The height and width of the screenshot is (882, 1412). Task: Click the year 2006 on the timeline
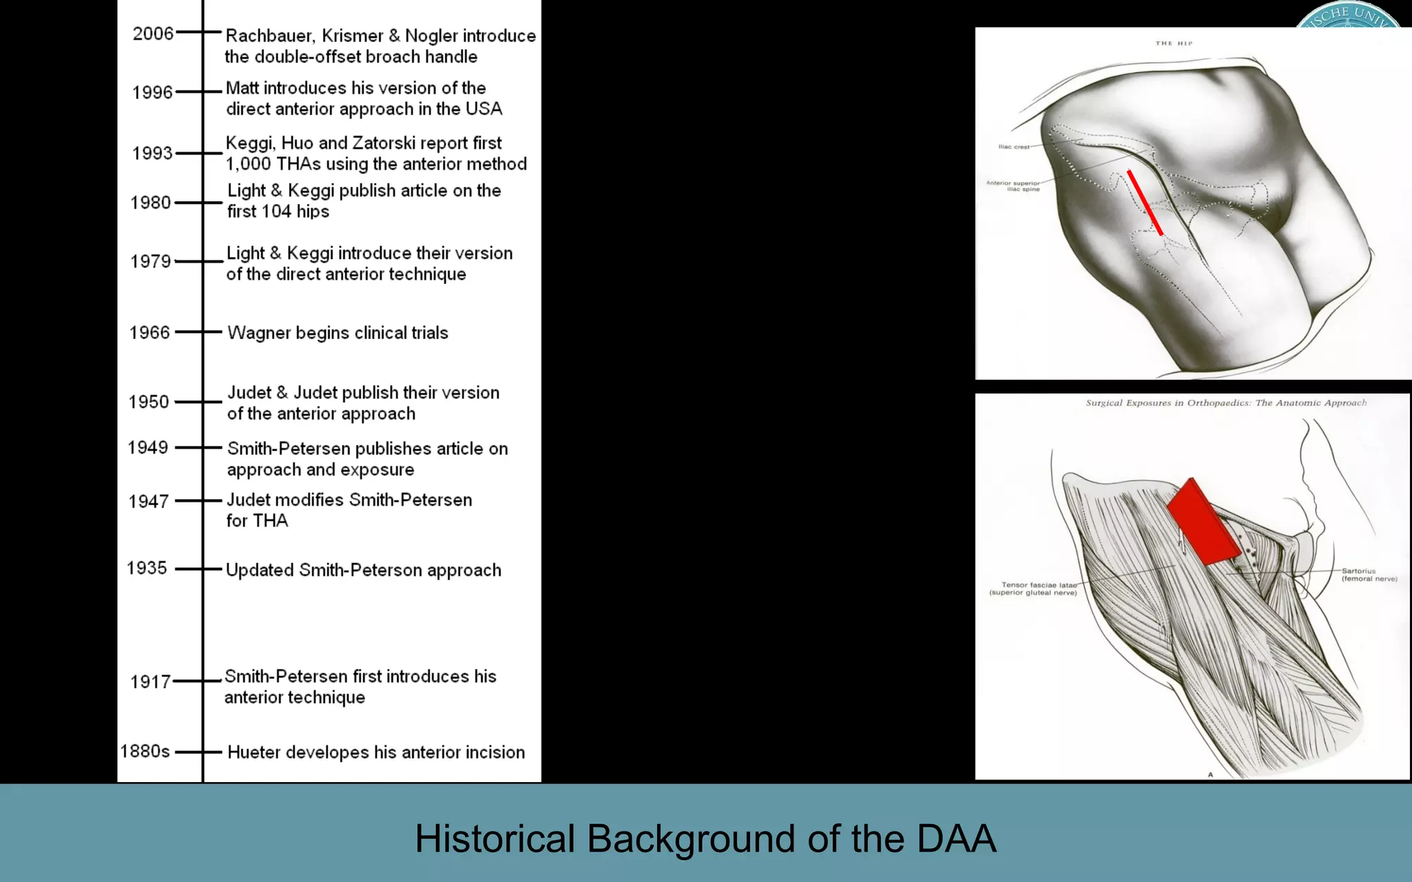click(x=153, y=33)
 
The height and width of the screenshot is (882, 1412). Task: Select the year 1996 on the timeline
click(x=152, y=92)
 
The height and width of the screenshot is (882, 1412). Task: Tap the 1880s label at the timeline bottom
click(x=145, y=751)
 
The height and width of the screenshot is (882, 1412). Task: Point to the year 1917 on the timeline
click(x=150, y=681)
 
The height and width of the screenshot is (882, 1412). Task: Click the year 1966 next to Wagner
click(x=150, y=332)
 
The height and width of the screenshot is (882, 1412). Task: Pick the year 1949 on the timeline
click(x=148, y=447)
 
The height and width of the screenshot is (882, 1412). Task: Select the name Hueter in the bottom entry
click(x=254, y=752)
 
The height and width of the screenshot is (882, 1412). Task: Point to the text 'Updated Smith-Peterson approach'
click(x=363, y=571)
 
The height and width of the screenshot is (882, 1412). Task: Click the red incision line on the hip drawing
click(x=1145, y=203)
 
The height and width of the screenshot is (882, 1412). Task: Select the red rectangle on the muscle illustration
click(x=1203, y=522)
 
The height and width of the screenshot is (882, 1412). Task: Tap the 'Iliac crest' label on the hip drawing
click(x=1013, y=147)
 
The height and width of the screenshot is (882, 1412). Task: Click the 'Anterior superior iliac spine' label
click(x=1013, y=186)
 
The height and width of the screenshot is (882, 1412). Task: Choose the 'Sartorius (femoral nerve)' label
click(x=1368, y=575)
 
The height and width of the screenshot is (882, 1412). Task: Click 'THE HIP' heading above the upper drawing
click(x=1173, y=43)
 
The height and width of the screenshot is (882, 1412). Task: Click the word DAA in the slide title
click(x=956, y=839)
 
